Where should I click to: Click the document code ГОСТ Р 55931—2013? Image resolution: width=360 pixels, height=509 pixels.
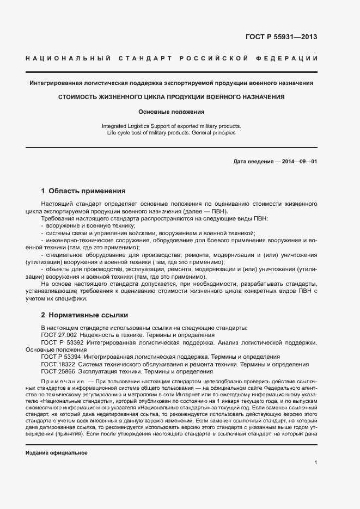[282, 38]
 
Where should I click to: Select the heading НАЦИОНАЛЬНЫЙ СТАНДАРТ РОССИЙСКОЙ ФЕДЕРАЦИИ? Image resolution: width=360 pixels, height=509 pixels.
[172, 58]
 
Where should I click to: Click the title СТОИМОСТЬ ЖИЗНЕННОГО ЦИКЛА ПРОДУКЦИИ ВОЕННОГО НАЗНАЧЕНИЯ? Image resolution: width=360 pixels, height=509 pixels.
[172, 97]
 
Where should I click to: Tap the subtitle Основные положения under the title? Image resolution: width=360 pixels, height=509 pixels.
[172, 112]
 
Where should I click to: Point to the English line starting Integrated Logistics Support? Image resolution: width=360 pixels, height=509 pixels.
[172, 126]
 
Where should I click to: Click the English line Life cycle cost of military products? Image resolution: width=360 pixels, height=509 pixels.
[172, 132]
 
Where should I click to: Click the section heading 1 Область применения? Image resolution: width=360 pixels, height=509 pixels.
[83, 191]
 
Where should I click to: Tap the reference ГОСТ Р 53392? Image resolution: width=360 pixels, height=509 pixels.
[62, 342]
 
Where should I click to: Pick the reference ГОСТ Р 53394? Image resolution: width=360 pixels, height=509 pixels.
[62, 357]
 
